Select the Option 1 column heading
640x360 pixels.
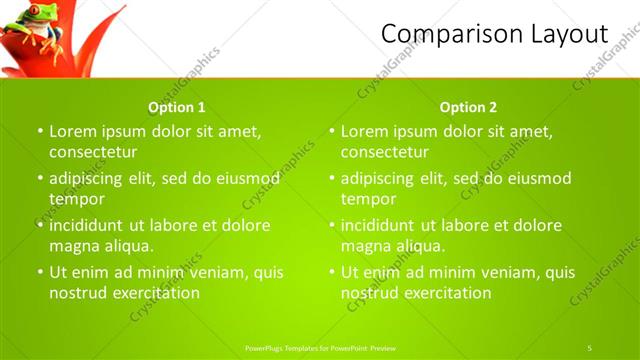click(x=177, y=107)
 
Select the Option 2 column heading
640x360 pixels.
click(x=468, y=107)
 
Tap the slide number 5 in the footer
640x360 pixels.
click(x=589, y=347)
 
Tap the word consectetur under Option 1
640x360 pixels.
click(x=93, y=152)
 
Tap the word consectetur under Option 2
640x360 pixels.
click(x=385, y=152)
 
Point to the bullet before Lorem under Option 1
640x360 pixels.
click(x=40, y=131)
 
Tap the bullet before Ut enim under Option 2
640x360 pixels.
click(x=332, y=272)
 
